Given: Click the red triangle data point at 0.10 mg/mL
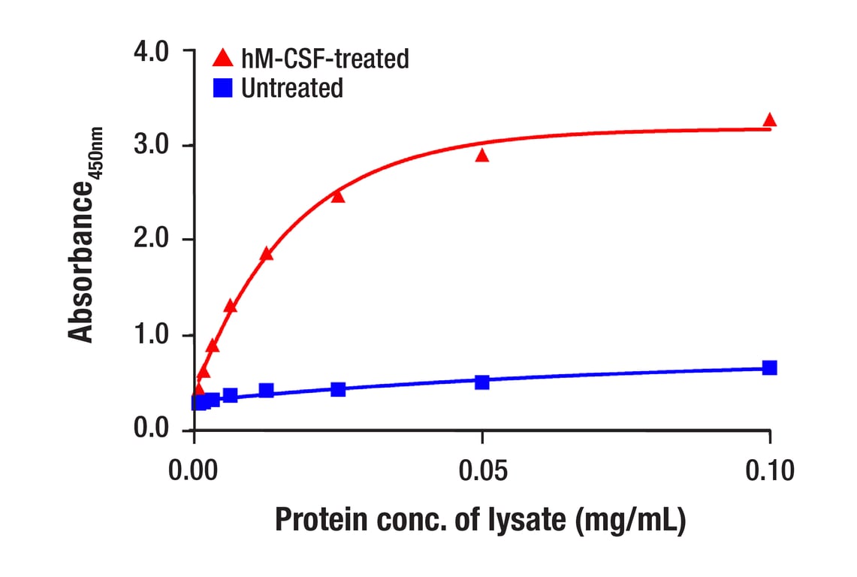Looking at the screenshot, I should tap(769, 120).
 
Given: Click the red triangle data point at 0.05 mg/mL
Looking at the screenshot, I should tap(482, 156).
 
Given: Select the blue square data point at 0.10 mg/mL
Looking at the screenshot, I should tap(769, 367).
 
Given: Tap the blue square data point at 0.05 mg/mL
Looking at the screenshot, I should tap(482, 382).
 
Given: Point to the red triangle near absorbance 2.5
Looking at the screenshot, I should tap(338, 196).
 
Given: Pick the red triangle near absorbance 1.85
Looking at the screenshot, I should tap(267, 254).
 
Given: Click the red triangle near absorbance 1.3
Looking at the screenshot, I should tap(231, 306).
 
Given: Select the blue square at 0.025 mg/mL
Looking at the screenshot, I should tap(338, 389).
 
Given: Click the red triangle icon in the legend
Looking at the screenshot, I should tap(223, 58).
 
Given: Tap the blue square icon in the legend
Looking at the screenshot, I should tap(223, 88).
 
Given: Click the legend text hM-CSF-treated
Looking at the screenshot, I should tap(324, 58).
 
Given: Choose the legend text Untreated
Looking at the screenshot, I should tap(291, 88).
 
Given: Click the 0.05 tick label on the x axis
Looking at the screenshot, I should tap(482, 471).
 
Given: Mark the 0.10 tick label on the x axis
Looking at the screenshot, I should tap(769, 471).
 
